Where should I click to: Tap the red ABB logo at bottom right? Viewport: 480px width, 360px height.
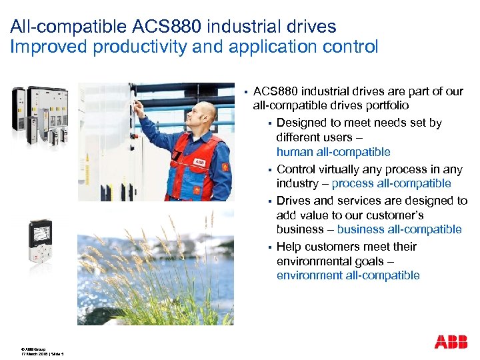coord(451,342)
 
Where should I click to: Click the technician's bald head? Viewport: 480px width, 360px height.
coord(207,111)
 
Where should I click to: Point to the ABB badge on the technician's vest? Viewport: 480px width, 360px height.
coord(199,161)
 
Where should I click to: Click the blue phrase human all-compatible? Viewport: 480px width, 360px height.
coord(333,153)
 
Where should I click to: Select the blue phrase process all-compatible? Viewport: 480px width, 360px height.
coord(391,183)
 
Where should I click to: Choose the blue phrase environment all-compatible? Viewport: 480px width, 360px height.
coord(347,275)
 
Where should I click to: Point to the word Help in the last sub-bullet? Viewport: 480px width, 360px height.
coord(288,247)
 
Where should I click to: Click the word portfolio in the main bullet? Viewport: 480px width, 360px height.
coord(386,106)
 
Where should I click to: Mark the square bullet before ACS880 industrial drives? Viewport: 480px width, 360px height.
coord(245,91)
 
